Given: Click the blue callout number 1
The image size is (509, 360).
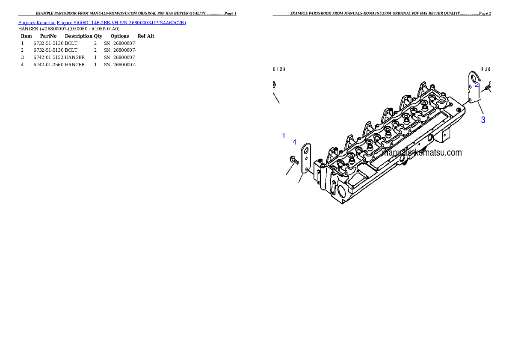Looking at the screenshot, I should pyautogui.click(x=284, y=136).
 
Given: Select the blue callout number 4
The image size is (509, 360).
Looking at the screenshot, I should pyautogui.click(x=294, y=142).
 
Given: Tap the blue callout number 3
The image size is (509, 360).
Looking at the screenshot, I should pyautogui.click(x=483, y=120).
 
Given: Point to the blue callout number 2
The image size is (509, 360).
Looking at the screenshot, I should pyautogui.click(x=477, y=85).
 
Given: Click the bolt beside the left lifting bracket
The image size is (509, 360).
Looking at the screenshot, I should pyautogui.click(x=294, y=160).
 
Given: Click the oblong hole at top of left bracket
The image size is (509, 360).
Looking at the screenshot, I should pyautogui.click(x=306, y=150).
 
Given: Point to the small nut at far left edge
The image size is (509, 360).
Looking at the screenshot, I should pyautogui.click(x=274, y=85).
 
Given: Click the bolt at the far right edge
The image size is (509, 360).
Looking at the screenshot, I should pyautogui.click(x=489, y=87).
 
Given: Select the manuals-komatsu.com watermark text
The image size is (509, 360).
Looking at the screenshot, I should pyautogui.click(x=422, y=153).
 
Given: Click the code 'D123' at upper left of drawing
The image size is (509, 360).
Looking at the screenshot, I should pyautogui.click(x=279, y=69).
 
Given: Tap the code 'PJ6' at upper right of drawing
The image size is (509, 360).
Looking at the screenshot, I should pyautogui.click(x=486, y=69).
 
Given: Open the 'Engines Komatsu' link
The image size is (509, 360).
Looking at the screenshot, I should pyautogui.click(x=37, y=23).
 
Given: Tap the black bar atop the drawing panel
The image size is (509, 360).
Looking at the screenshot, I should pyautogui.click(x=382, y=15).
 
